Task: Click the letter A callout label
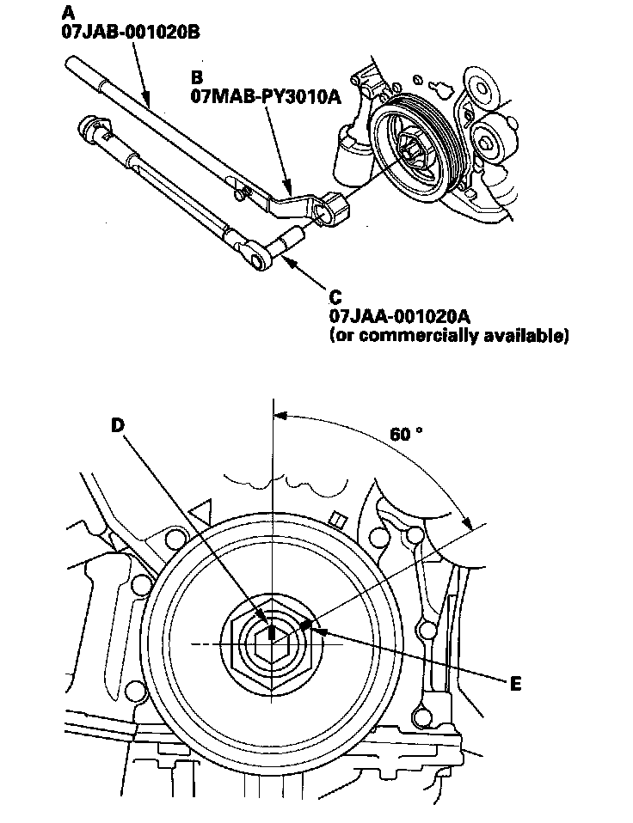[68, 13]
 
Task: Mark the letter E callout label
[515, 684]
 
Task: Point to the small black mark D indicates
[271, 634]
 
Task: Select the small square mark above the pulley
[338, 519]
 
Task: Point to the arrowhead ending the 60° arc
[468, 522]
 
